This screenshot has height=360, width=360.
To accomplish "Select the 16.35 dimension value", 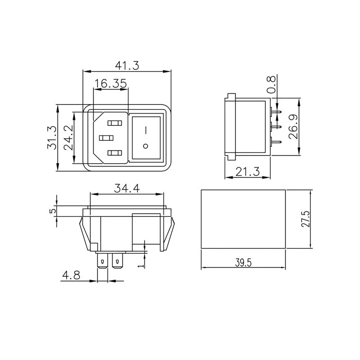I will pyautogui.click(x=110, y=83).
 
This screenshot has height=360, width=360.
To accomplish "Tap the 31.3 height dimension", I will pyautogui.click(x=52, y=138).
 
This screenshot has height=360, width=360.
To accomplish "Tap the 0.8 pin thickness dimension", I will pyautogui.click(x=271, y=84).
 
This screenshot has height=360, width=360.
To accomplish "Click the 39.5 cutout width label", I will pyautogui.click(x=243, y=263).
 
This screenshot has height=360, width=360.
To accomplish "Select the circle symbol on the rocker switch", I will pyautogui.click(x=145, y=146).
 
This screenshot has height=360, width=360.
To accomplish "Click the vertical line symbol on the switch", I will pyautogui.click(x=145, y=130).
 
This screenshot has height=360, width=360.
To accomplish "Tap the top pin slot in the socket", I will pyautogui.click(x=114, y=122).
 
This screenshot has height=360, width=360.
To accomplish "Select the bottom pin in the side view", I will pyautogui.click(x=276, y=143).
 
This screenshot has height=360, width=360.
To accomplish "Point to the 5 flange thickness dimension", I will pyautogui.click(x=53, y=211).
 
